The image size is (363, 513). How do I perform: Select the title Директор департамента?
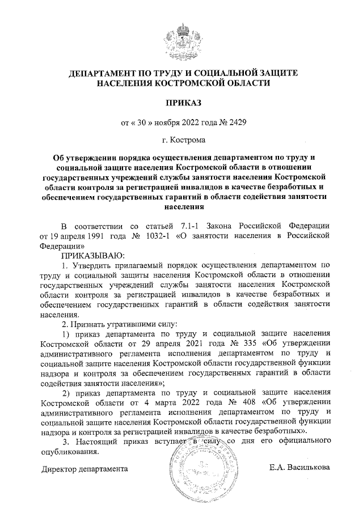click(x=85, y=469)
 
